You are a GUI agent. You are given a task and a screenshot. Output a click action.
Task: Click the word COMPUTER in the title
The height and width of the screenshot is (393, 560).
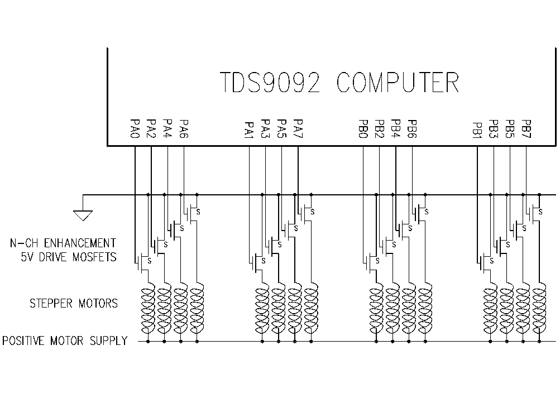398,83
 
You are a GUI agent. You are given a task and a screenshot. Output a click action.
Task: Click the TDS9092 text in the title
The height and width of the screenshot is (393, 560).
270,83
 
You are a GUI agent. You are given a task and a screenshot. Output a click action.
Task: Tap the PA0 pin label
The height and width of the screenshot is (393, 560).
135,129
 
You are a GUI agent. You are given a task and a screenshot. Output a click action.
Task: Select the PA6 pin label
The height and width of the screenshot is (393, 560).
184,129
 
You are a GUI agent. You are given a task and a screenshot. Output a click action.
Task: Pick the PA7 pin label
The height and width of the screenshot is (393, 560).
298,129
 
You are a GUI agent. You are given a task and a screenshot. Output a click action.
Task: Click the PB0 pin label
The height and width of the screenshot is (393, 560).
363,129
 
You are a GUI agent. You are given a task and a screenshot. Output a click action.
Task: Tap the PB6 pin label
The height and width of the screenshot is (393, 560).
412,129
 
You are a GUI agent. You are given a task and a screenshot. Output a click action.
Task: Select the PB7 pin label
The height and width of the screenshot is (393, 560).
526,129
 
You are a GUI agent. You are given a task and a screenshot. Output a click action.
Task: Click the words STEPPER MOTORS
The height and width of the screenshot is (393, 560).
74,304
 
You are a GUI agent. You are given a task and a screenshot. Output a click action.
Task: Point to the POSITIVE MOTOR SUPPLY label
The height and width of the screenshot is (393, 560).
65,341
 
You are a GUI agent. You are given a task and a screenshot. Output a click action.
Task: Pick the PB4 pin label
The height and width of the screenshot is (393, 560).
396,129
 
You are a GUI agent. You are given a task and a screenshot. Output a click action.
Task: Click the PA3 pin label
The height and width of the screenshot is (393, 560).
265,129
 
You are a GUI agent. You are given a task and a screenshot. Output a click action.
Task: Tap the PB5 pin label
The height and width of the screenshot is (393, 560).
510,129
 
